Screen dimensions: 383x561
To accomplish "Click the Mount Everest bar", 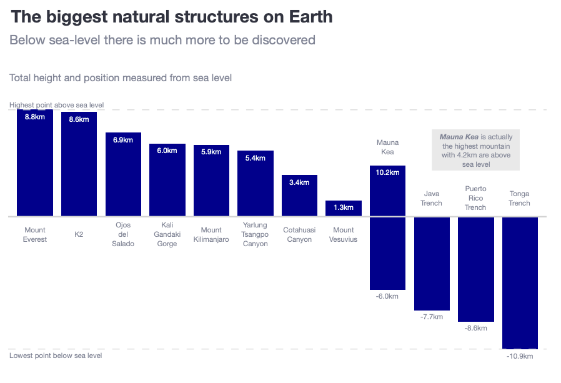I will [x=35, y=163].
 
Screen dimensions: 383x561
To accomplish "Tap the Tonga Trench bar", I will [x=520, y=282].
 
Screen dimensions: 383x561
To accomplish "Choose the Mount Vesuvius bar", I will [x=344, y=209].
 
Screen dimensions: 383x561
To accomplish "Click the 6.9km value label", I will [x=123, y=140].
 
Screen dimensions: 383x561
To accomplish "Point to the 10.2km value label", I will [x=388, y=172].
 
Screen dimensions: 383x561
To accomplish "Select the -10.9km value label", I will [x=520, y=356].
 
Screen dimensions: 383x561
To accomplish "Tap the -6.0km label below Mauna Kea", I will [x=387, y=296].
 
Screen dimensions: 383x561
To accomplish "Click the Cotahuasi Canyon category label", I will [x=299, y=235].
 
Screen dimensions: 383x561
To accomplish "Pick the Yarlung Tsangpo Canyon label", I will [x=255, y=234].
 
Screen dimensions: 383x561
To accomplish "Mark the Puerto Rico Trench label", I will [x=475, y=198].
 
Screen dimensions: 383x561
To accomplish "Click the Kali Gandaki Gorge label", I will [x=167, y=234].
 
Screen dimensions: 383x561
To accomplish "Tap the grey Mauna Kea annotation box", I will [x=475, y=150].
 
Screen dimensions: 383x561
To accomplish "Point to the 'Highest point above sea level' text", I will [x=56, y=105].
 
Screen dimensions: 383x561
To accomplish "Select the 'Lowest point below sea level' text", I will [x=56, y=356].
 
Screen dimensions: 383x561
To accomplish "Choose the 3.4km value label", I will [x=299, y=182].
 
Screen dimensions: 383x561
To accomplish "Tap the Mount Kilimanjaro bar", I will [x=211, y=181].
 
